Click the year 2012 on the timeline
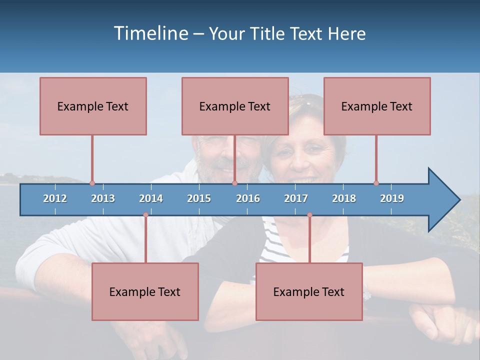click(x=55, y=198)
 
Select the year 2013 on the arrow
click(x=103, y=198)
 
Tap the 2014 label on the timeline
click(x=151, y=198)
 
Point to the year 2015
click(x=199, y=198)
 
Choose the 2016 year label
click(x=248, y=198)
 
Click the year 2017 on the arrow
click(x=296, y=198)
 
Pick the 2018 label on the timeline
click(x=344, y=198)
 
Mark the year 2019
click(x=392, y=198)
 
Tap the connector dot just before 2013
click(x=92, y=183)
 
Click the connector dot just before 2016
click(x=234, y=183)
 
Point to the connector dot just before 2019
click(x=376, y=183)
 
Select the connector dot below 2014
click(x=145, y=215)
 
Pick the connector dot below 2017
click(x=309, y=215)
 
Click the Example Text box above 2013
click(x=93, y=106)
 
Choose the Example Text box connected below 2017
click(x=309, y=291)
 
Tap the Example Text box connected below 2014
click(x=145, y=291)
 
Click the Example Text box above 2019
click(x=377, y=106)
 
